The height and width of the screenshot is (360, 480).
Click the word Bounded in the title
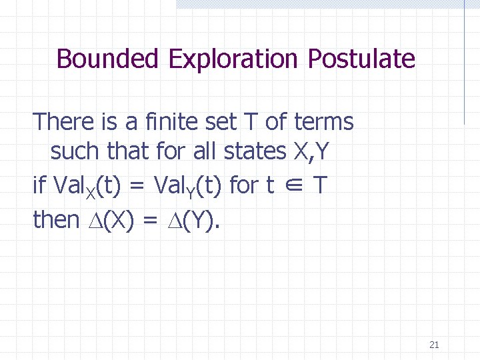107,59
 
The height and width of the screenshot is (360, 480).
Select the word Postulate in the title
361,59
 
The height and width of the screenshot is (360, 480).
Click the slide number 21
434,345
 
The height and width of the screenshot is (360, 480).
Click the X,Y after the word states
311,152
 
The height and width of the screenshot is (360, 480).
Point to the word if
39,185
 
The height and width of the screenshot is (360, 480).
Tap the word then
56,220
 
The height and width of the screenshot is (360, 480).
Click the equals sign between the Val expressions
137,186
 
